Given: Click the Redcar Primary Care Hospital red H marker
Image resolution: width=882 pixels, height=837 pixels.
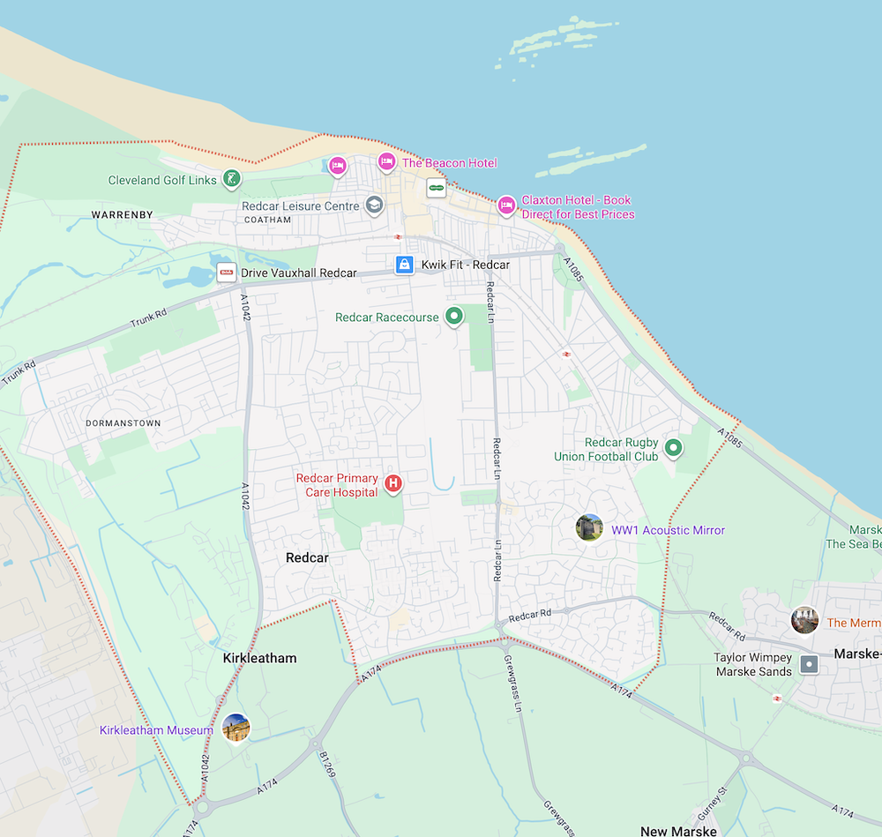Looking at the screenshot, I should coord(394,482).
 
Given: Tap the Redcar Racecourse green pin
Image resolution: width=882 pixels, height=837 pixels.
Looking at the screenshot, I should coord(454,315).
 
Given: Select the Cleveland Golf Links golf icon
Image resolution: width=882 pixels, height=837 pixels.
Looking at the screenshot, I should coord(230,179).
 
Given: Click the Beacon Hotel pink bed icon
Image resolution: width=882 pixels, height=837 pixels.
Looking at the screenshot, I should coord(385,161).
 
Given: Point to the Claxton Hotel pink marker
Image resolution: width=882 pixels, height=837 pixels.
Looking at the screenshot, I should coord(505,205).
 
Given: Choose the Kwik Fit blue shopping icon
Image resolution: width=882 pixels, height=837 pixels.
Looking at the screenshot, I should coord(404,265).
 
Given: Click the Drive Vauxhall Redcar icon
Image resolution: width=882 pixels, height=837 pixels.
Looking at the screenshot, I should coord(227,273).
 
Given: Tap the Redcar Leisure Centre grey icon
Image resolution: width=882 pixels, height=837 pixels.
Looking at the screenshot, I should coord(374,206).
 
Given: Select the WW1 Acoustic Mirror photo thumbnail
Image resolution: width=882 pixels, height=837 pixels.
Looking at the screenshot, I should coord(588,527).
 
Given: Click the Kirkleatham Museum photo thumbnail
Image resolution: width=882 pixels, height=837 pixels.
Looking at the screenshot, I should coord(235,728).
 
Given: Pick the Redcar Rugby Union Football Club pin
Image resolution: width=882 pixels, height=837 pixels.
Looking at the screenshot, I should coord(674,448).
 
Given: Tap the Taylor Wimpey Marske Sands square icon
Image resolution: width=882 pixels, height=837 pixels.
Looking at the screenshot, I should coord(809,664).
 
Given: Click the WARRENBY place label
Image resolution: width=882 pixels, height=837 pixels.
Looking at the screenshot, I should coord(123,214).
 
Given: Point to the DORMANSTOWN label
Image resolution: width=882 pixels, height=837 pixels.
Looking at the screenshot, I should coord(123,423).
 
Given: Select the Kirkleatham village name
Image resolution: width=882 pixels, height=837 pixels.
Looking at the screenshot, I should coord(259,658).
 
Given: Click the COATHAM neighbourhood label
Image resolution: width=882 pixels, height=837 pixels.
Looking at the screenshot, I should coord(267,220).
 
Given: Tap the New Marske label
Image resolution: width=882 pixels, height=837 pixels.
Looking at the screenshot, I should coord(678,831).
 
